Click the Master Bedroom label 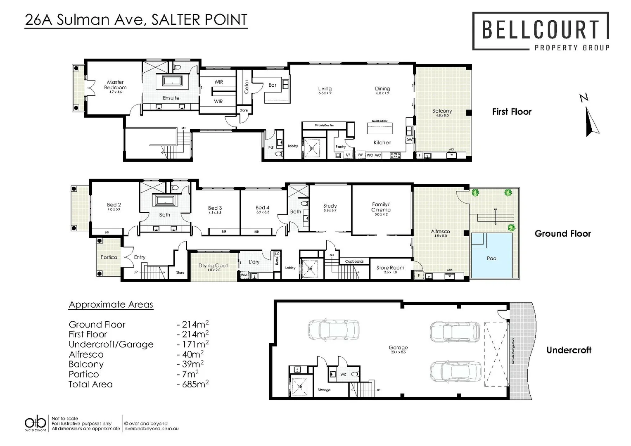coord(115,85)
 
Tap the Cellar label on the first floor coord(247,87)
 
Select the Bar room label coord(273,85)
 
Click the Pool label coord(492,258)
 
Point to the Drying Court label coord(213,266)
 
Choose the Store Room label coord(390,268)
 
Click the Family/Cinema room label coord(381,207)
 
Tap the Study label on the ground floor coord(330,206)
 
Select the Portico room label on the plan coord(109,257)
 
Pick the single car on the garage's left coord(333,330)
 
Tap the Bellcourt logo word coord(541,29)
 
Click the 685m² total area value coord(193,384)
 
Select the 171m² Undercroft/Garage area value coord(193,344)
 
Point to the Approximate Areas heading coord(111,305)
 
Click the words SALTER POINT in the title coord(199,20)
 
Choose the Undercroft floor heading coord(569,350)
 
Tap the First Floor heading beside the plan coord(512,111)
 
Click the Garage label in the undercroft coord(398,348)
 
